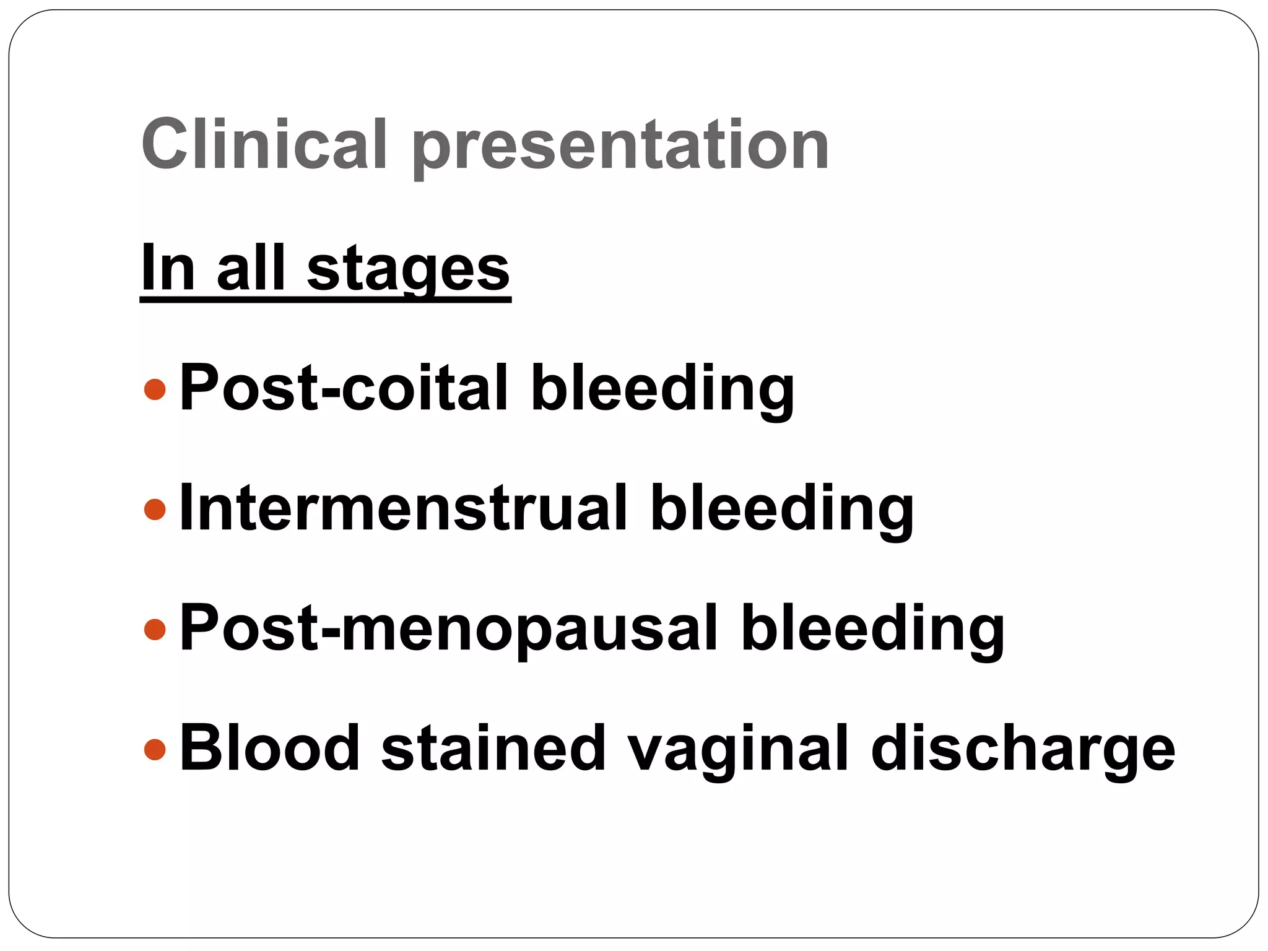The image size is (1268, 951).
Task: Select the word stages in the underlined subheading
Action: (x=408, y=268)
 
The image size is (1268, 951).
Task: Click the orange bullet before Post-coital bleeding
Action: (x=155, y=389)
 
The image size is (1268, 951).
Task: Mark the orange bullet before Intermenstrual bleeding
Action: (x=155, y=510)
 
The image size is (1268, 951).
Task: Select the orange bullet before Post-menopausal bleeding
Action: (x=155, y=629)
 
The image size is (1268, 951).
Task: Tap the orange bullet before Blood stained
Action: (x=155, y=749)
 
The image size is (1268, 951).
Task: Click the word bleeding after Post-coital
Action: (x=662, y=388)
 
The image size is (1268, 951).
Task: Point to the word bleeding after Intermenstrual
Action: (x=782, y=508)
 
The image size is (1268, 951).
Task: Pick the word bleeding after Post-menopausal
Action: (x=872, y=628)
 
